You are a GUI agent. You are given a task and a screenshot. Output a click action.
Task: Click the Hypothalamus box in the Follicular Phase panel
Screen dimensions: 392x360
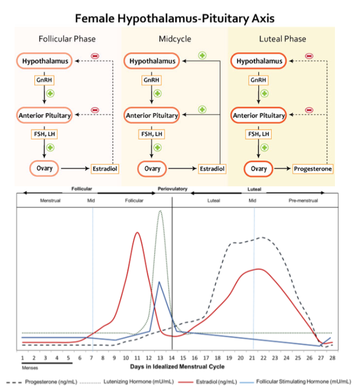click(45, 61)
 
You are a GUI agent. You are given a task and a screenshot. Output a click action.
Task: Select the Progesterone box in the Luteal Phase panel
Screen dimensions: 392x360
click(313, 169)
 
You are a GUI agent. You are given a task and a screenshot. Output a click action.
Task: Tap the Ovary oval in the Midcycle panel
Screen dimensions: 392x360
click(152, 169)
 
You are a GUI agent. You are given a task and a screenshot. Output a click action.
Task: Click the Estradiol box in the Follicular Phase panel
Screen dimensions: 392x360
click(105, 169)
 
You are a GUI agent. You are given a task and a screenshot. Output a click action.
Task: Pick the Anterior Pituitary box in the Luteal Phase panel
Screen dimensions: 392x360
click(259, 115)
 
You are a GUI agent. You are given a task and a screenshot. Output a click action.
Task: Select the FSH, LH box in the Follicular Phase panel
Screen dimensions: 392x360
click(45, 134)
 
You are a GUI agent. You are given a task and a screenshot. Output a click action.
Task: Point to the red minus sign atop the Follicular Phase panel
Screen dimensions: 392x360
click(95, 55)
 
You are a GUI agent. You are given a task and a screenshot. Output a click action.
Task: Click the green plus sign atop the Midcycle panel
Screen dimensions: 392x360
click(201, 55)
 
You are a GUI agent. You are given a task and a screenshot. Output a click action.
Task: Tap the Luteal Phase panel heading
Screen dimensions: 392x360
click(282, 39)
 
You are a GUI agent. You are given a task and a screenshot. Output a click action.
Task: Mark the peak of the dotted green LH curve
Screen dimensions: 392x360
click(160, 211)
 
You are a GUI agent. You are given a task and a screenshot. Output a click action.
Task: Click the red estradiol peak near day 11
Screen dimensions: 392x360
click(137, 233)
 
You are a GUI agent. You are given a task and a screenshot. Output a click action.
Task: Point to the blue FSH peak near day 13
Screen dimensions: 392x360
click(159, 282)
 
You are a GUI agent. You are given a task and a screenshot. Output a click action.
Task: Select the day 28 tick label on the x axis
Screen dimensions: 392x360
click(332, 358)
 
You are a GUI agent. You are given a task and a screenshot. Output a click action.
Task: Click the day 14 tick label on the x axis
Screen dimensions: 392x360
click(172, 358)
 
